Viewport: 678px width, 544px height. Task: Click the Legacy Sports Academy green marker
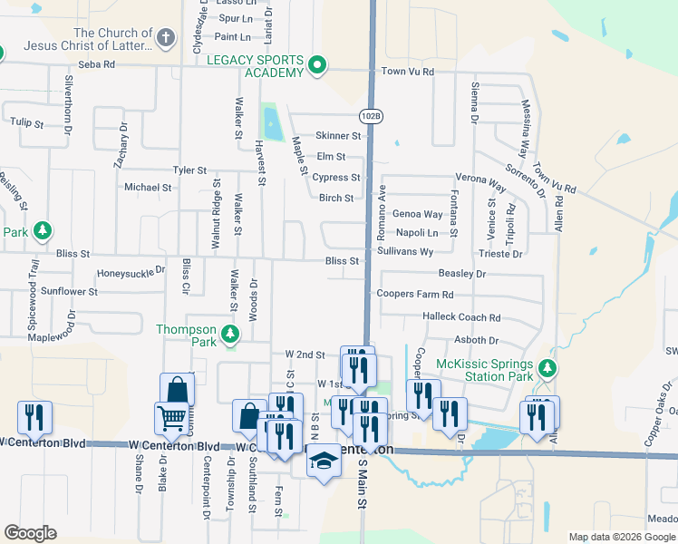(x=317, y=66)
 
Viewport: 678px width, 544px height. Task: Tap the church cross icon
(x=165, y=38)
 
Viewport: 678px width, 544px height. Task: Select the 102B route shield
(x=371, y=116)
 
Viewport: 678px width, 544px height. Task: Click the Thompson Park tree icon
(x=231, y=335)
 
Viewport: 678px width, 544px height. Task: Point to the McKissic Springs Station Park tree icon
(x=547, y=368)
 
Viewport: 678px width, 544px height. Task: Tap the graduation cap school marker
(x=322, y=461)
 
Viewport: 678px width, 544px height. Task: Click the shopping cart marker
(x=170, y=420)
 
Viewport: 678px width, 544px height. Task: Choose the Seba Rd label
(x=97, y=64)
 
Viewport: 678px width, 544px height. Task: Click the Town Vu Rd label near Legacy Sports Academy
(x=408, y=72)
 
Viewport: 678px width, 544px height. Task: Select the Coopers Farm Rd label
(x=415, y=295)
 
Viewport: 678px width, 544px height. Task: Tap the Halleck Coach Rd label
(x=461, y=317)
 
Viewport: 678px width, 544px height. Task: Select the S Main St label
(x=360, y=499)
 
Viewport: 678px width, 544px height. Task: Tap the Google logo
(x=30, y=533)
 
